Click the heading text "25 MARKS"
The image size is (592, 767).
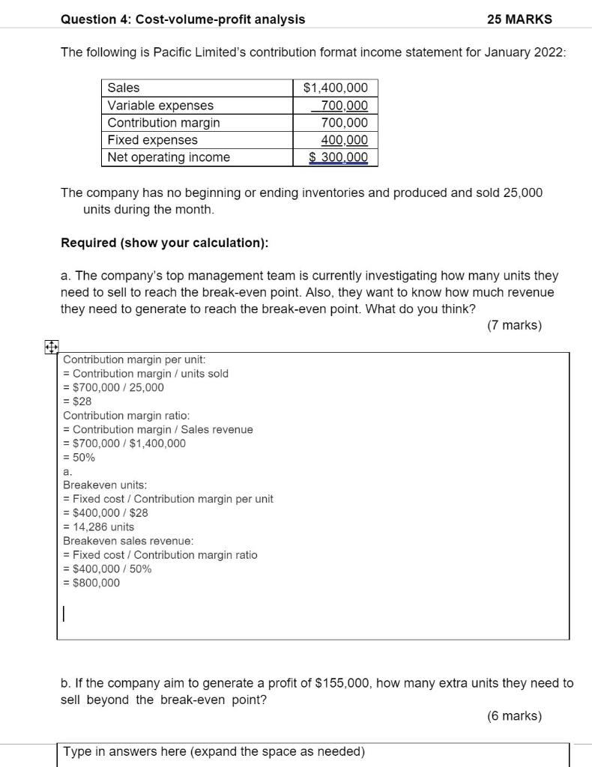tap(519, 19)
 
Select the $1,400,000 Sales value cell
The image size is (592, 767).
tap(336, 88)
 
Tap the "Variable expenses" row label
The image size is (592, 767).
tap(160, 106)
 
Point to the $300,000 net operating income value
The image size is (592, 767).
tap(339, 157)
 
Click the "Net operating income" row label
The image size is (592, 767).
tap(169, 157)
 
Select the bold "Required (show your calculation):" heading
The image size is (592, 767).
tap(164, 243)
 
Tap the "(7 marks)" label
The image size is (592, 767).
tap(514, 325)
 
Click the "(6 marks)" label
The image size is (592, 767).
tap(514, 716)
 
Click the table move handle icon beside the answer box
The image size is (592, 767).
tap(50, 348)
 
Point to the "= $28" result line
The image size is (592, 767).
tap(77, 401)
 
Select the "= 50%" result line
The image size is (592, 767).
tap(79, 458)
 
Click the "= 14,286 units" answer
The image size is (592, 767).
tap(98, 527)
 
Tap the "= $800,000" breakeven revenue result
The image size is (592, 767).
tap(91, 583)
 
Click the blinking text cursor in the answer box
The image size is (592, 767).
tap(64, 614)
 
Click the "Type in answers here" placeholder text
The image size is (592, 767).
tap(214, 751)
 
